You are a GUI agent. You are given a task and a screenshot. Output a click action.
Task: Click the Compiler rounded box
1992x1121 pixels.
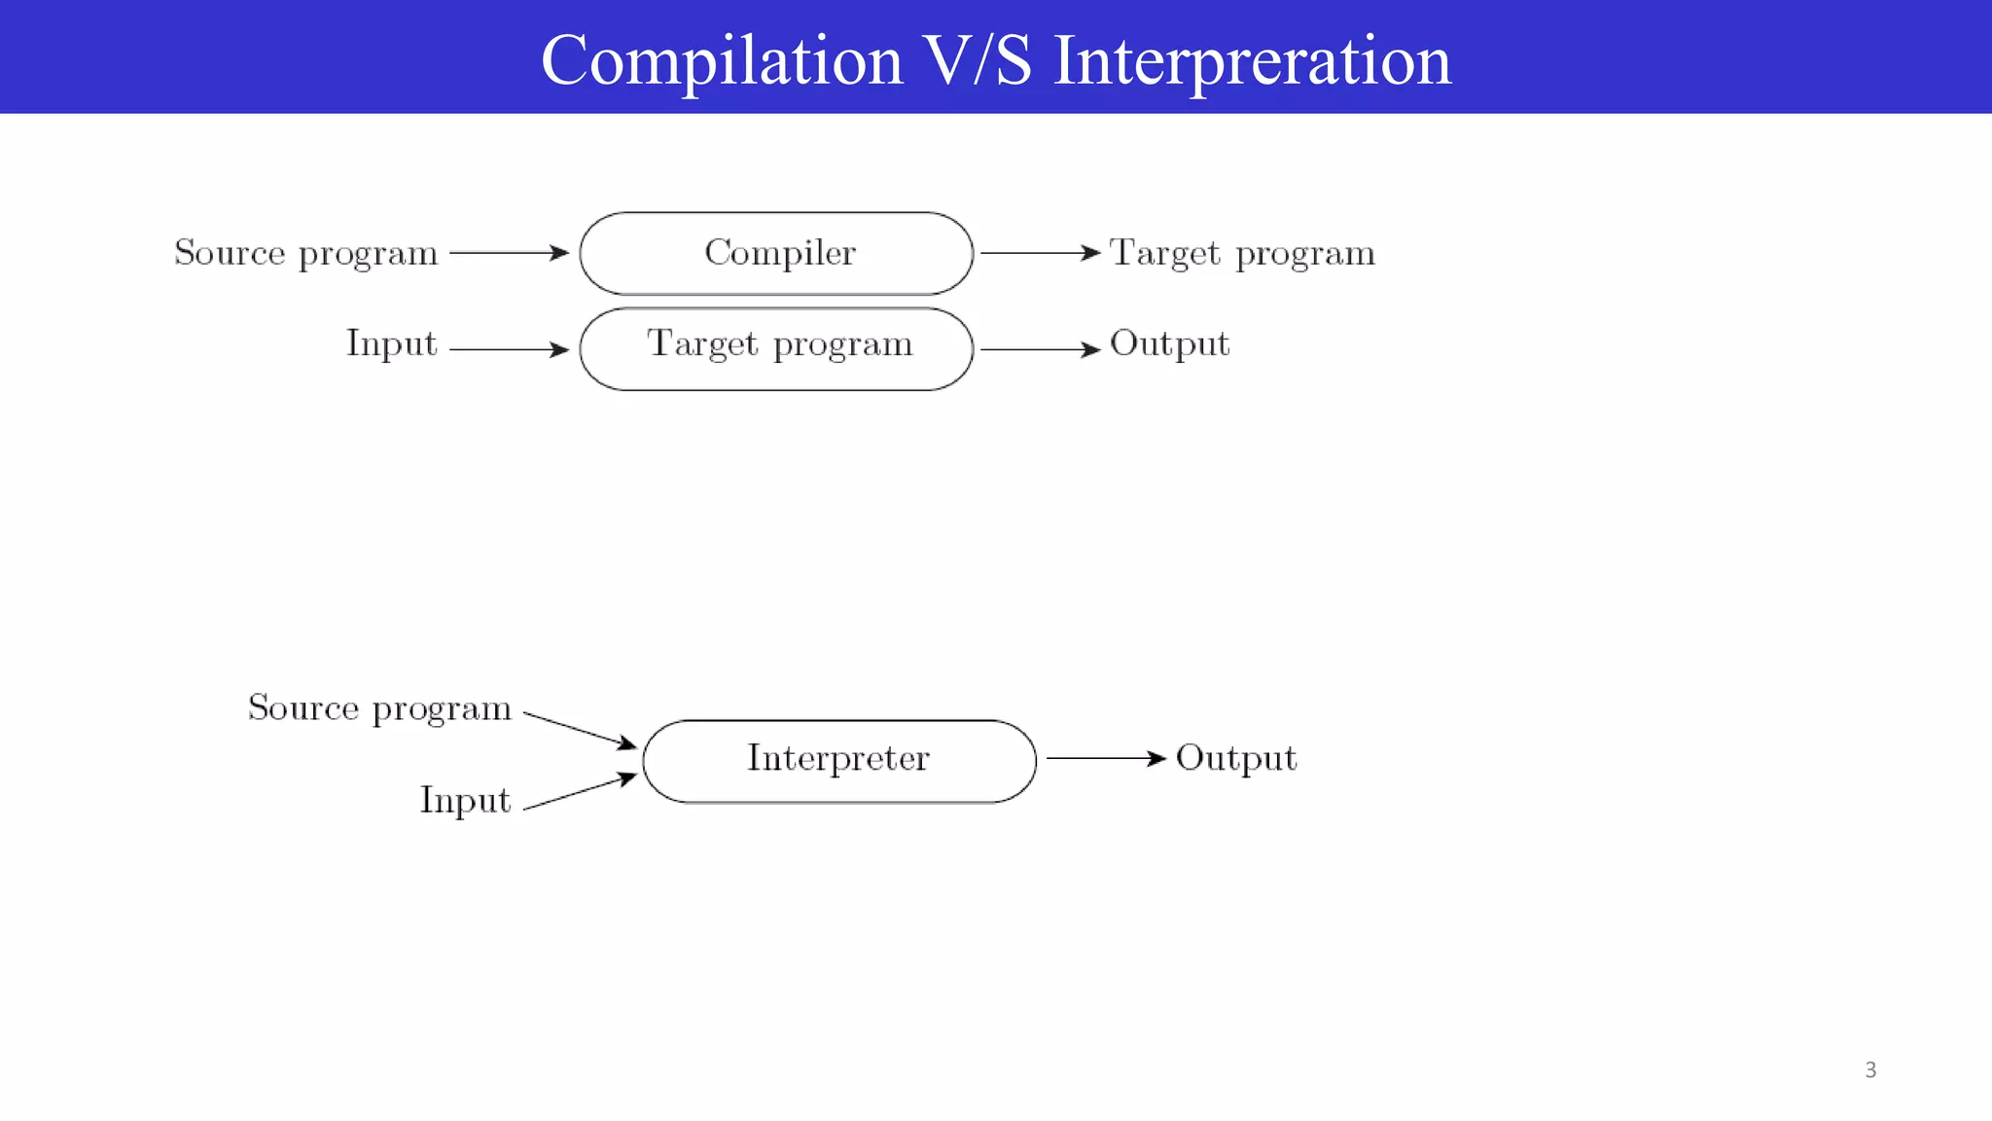pos(776,253)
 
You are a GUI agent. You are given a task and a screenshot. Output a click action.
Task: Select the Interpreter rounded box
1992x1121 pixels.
pos(839,761)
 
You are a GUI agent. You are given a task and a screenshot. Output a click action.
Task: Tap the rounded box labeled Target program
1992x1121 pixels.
pos(776,349)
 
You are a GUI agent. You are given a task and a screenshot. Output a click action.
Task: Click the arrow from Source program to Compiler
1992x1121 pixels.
pos(509,253)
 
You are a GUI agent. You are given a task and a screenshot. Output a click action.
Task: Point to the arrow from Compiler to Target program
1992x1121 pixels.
pos(1039,253)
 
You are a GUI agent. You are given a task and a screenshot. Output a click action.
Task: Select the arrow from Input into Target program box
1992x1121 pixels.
pos(509,349)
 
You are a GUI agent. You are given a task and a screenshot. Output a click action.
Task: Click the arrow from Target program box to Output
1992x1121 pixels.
pos(1039,349)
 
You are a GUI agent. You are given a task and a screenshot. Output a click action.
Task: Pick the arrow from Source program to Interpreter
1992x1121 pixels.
pos(580,730)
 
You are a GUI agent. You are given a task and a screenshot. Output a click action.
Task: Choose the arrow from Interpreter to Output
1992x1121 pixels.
pos(1105,758)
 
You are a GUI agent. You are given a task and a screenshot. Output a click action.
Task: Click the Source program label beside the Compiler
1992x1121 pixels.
pos(306,253)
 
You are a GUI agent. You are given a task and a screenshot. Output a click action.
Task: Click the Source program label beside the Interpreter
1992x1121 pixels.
pos(379,708)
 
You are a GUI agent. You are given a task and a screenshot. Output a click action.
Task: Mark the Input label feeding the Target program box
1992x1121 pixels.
pos(392,344)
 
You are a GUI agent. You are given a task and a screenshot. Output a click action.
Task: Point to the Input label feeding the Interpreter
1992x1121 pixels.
pos(465,801)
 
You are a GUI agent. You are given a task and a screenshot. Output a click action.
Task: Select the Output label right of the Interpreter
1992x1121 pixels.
pos(1235,759)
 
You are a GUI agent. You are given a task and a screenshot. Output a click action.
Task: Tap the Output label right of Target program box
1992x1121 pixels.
pos(1169,344)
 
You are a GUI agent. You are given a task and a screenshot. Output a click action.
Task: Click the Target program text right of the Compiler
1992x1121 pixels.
pos(1242,253)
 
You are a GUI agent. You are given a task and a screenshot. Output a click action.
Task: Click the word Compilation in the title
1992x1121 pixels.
pos(722,60)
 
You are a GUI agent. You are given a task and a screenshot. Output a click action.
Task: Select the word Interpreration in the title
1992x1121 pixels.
pos(1252,60)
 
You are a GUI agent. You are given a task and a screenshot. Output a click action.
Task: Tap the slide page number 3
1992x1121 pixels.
pos(1870,1070)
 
